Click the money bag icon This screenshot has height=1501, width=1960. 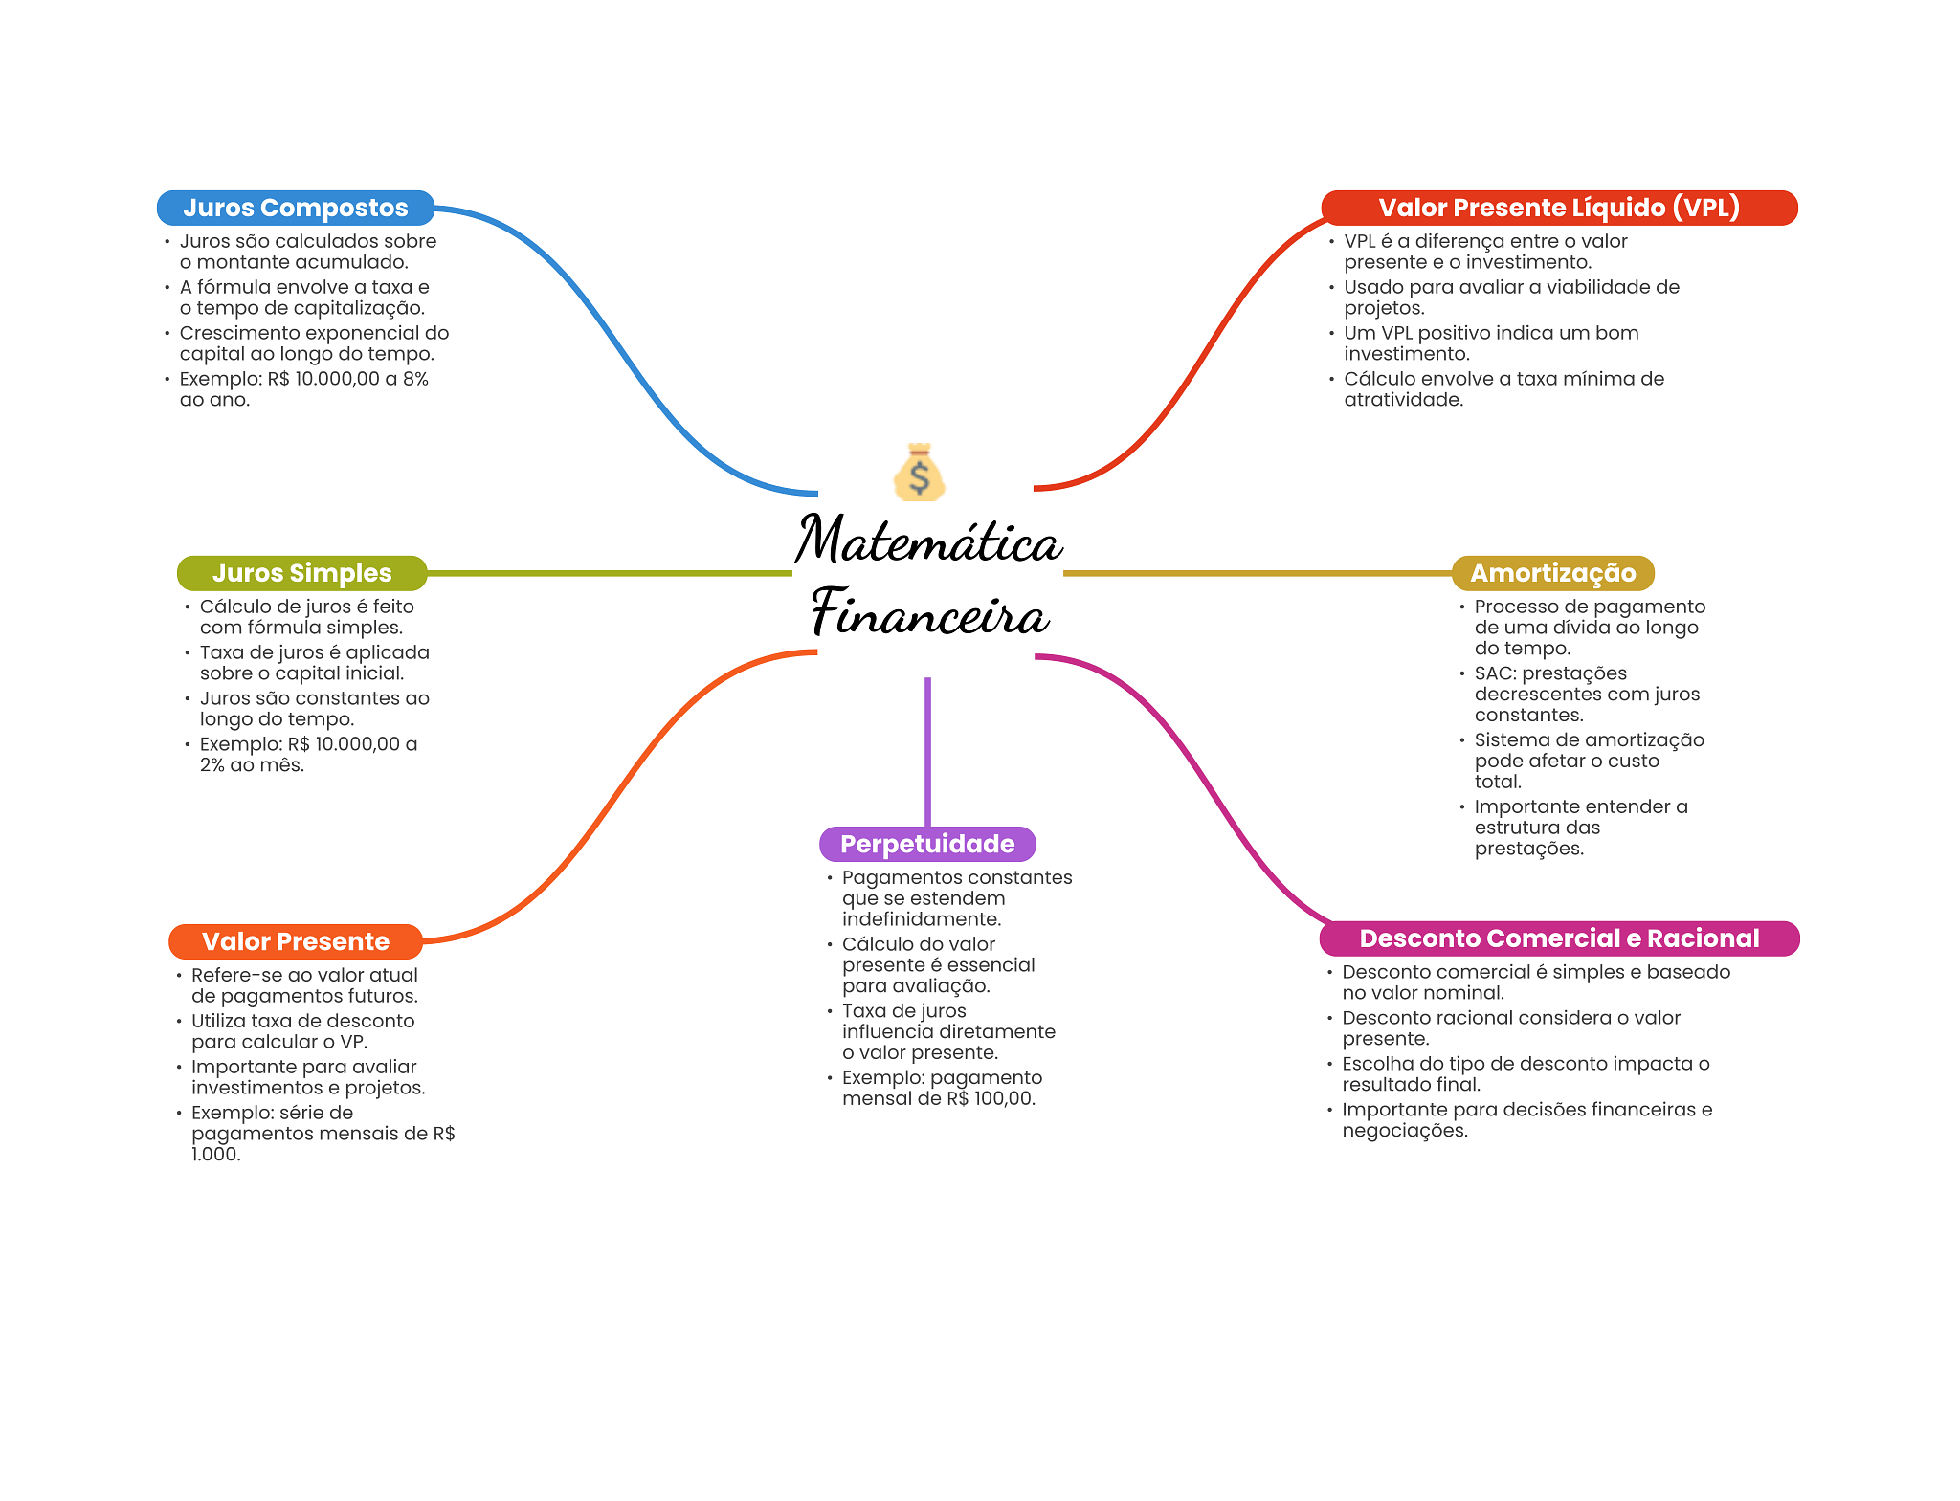click(919, 473)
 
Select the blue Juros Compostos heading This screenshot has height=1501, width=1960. click(295, 208)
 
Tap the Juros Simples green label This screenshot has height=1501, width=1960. click(301, 573)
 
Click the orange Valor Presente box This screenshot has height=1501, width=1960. click(295, 941)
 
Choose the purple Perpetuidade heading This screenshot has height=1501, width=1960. click(927, 844)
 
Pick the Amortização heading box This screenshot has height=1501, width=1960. click(1552, 573)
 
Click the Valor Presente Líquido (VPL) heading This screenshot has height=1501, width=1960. click(1558, 208)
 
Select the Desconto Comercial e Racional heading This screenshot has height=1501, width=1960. click(1559, 938)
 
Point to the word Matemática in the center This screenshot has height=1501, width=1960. click(928, 541)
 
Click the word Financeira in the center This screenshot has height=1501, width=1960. click(930, 613)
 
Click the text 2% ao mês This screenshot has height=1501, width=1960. click(252, 765)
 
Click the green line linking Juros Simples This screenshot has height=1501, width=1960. click(609, 573)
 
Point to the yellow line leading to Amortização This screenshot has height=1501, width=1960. click(1257, 573)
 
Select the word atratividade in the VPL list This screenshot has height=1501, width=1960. click(1402, 400)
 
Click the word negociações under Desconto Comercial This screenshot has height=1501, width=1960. click(1403, 1131)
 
